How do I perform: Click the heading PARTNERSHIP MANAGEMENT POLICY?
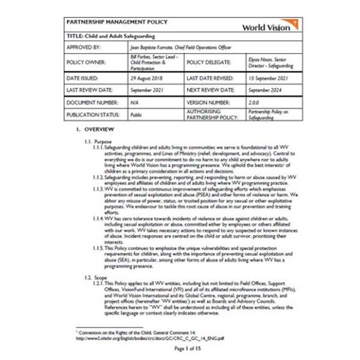click(x=117, y=22)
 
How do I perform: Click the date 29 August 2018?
click(x=146, y=78)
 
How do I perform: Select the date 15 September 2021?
click(x=269, y=78)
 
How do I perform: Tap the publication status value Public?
click(x=137, y=114)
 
